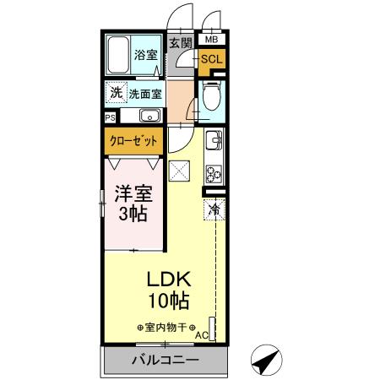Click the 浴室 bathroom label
click(x=146, y=56)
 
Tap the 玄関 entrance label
click(x=178, y=42)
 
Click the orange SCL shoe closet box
click(x=211, y=59)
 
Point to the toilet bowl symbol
click(x=212, y=98)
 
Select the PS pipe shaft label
click(x=110, y=117)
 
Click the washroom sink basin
click(x=150, y=116)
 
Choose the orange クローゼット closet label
click(x=133, y=141)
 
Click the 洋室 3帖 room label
click(x=132, y=204)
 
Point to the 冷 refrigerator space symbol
click(x=214, y=208)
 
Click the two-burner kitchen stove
click(x=213, y=176)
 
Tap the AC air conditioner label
click(x=201, y=335)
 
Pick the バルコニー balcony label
click(x=166, y=361)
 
